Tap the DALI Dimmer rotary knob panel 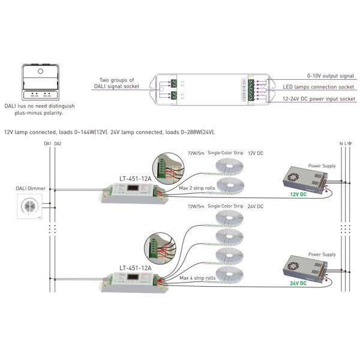(28, 207)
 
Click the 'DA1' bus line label (47, 144)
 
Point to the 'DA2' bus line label (58, 144)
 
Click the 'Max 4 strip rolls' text (197, 278)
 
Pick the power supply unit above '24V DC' (302, 265)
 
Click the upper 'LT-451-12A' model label (136, 178)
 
